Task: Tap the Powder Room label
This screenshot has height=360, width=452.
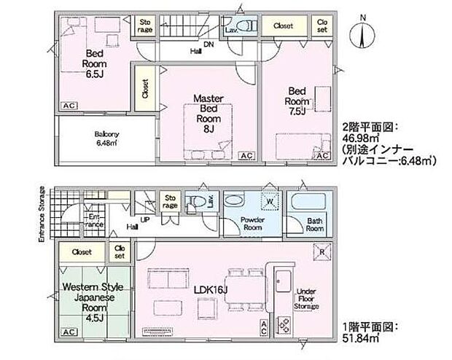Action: pos(252,223)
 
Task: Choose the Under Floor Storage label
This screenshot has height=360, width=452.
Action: pos(307,299)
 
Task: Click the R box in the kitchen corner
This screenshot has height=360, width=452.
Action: pos(322,251)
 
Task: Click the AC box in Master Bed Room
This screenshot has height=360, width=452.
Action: pos(246,156)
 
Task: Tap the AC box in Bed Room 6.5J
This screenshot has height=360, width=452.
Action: pos(69,106)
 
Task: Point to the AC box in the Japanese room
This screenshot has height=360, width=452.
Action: pos(69,332)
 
